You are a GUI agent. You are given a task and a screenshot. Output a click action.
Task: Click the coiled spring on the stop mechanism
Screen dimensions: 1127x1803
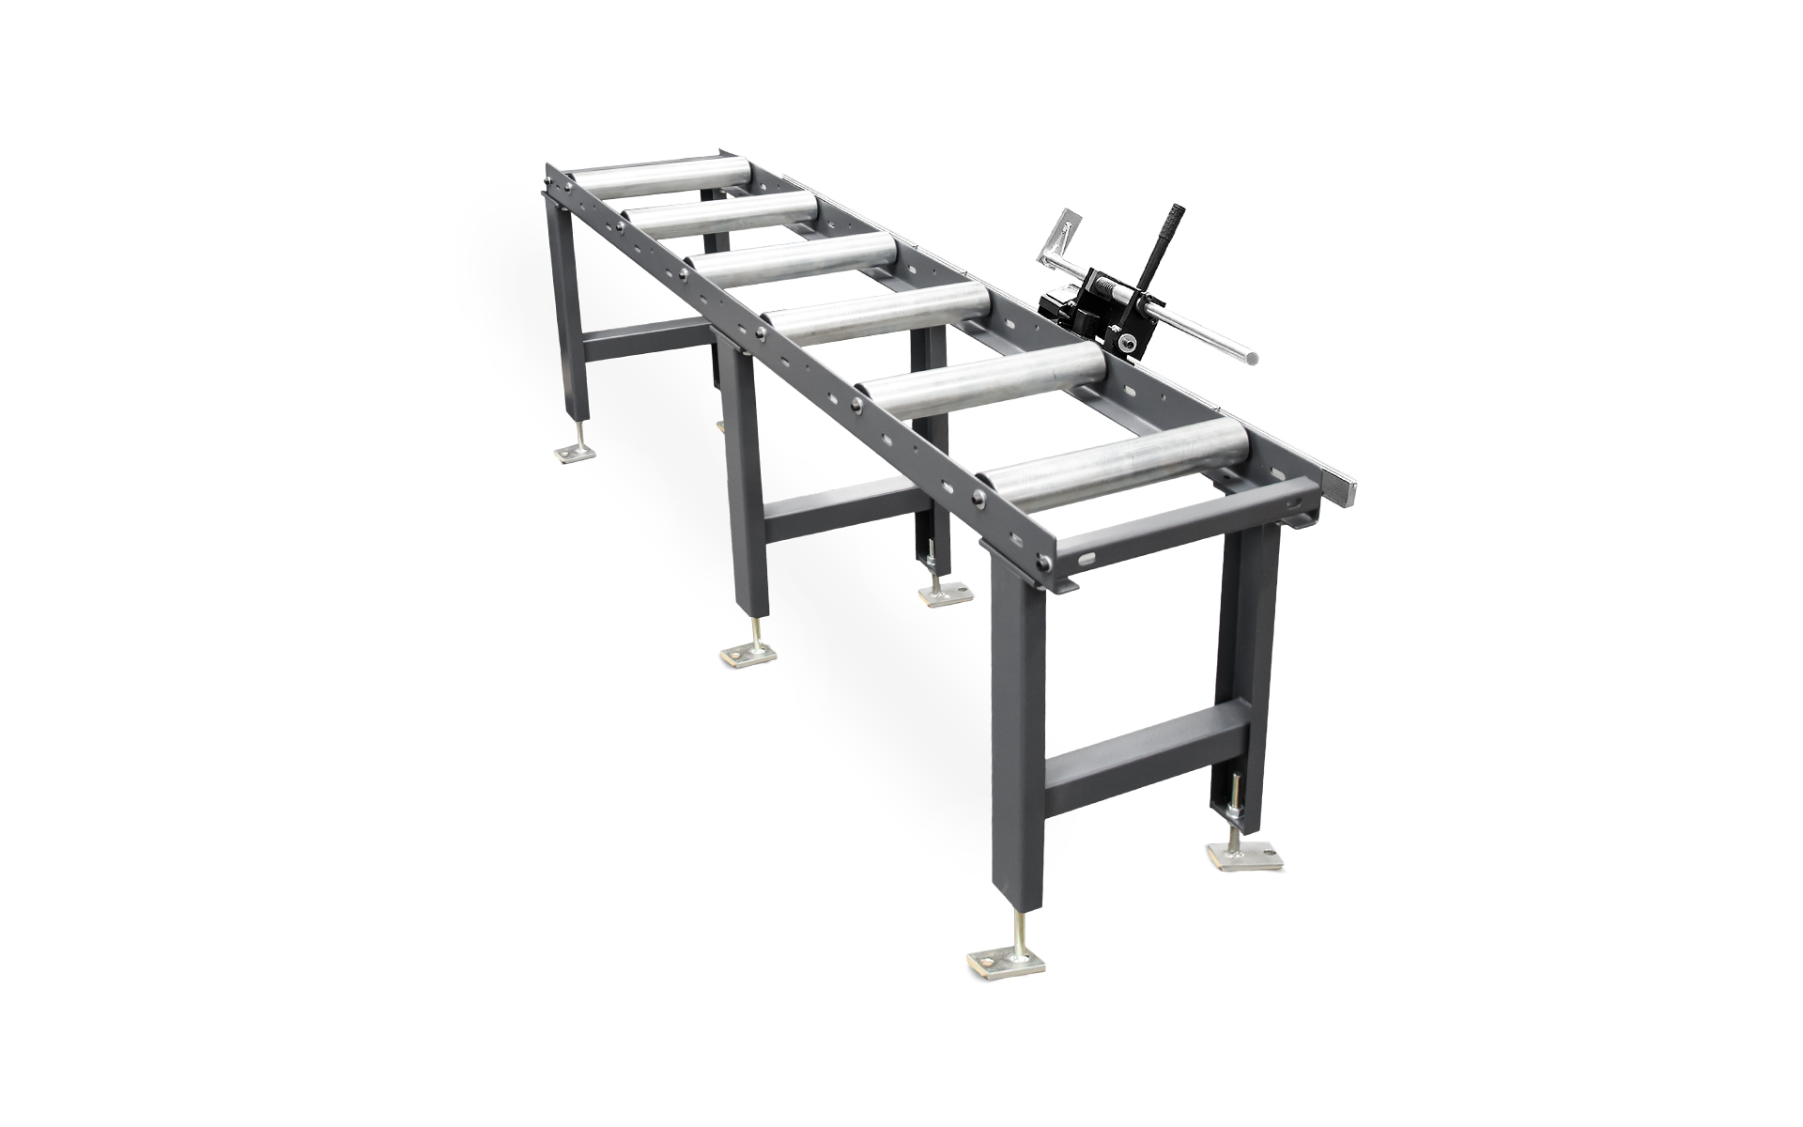(x=1113, y=281)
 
